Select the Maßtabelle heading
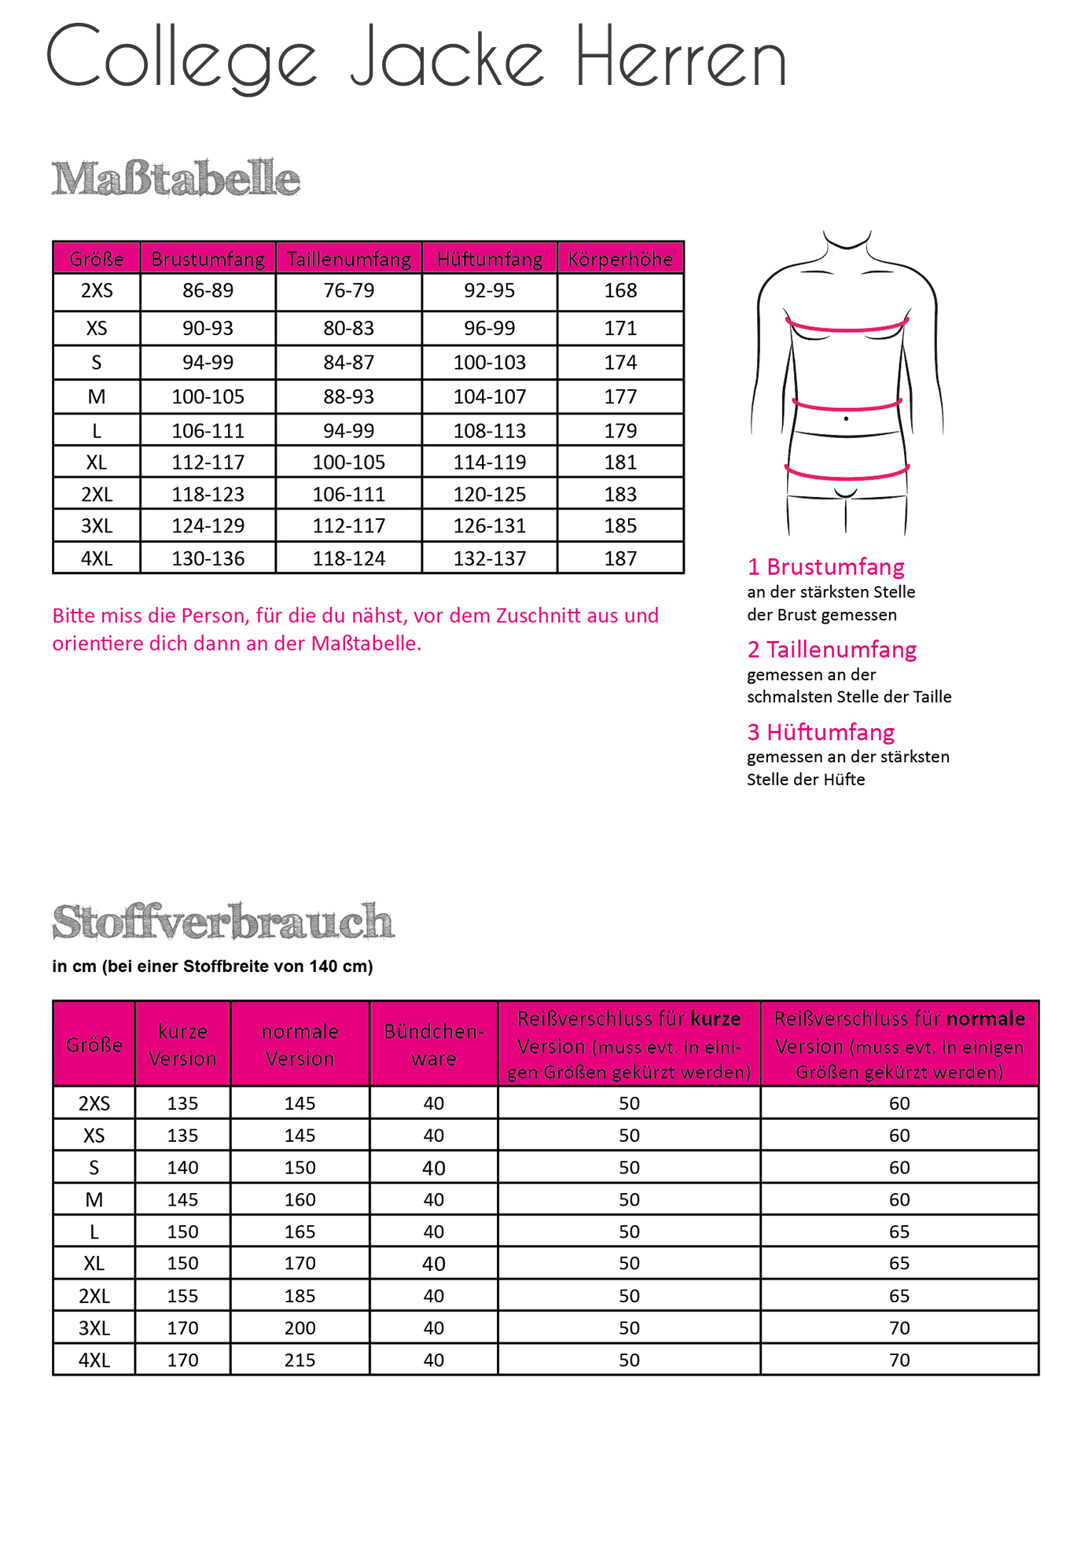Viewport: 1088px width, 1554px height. pos(176,179)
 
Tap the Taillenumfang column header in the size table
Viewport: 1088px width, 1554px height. pos(349,259)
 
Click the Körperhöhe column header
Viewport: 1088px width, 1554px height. pos(620,259)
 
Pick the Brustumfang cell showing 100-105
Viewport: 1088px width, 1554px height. pos(208,397)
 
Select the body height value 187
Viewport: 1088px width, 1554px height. pos(620,558)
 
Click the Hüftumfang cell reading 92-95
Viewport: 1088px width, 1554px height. pos(489,291)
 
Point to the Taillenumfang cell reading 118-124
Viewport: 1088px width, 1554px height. pos(349,558)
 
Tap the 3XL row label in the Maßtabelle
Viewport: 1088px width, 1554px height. pos(97,525)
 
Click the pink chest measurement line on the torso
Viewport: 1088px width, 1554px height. pos(847,328)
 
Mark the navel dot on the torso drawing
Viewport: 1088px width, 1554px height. pos(846,418)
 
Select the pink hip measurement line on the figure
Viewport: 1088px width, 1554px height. pos(847,475)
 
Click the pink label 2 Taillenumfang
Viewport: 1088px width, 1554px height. pos(832,650)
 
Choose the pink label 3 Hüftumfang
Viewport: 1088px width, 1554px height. pos(821,732)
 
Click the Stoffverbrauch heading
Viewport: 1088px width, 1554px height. pos(222,922)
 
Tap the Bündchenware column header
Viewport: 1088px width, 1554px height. pos(434,1044)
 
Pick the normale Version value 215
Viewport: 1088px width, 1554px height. pos(300,1360)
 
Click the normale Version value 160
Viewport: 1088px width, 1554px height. pos(300,1199)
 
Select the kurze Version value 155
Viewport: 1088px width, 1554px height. pos(182,1295)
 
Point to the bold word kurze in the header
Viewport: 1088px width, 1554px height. pos(715,1018)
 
